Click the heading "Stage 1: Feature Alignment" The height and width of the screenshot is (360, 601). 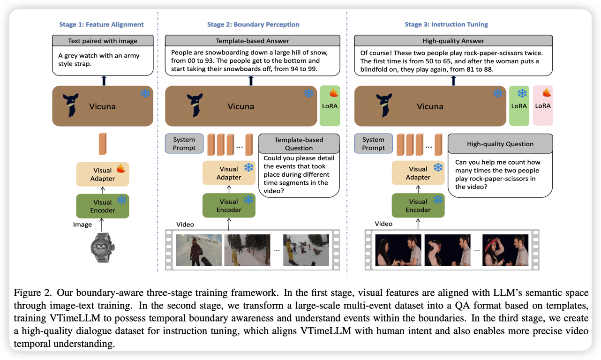pyautogui.click(x=101, y=24)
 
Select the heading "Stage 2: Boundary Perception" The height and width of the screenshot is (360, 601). pyautogui.click(x=253, y=24)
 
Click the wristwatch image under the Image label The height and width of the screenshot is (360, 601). pyautogui.click(x=103, y=247)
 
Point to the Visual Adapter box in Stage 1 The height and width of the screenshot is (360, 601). pyautogui.click(x=103, y=174)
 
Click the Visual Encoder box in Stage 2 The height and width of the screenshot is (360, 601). pyautogui.click(x=229, y=206)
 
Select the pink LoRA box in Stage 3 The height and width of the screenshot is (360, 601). pyautogui.click(x=543, y=106)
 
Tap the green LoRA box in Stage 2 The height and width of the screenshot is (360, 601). pyautogui.click(x=330, y=106)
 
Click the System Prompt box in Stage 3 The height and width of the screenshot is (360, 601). pyautogui.click(x=373, y=143)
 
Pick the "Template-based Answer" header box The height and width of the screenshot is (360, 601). pyautogui.click(x=252, y=41)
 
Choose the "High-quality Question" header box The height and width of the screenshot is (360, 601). pyautogui.click(x=500, y=144)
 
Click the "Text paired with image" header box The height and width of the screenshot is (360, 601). pyautogui.click(x=103, y=41)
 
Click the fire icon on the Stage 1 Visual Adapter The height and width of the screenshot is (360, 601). pyautogui.click(x=120, y=168)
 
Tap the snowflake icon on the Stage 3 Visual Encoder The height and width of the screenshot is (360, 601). pyautogui.click(x=437, y=200)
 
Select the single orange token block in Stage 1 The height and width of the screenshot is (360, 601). pyautogui.click(x=103, y=144)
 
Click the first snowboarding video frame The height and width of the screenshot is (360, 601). pyautogui.click(x=198, y=250)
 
